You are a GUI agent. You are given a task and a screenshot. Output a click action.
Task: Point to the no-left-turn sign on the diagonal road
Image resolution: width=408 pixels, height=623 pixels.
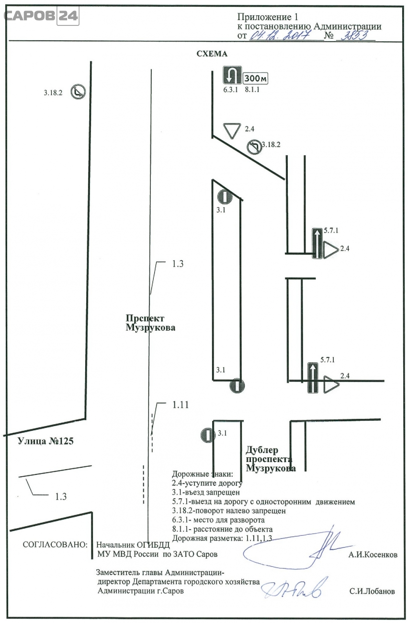(x=254, y=147)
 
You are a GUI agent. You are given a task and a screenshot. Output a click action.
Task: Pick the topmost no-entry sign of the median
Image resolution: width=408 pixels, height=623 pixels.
(x=225, y=196)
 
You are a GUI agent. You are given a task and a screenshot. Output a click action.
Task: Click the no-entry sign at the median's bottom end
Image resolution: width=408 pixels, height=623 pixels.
(x=237, y=386)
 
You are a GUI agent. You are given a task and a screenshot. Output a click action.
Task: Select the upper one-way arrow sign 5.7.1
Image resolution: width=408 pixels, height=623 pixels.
(x=317, y=243)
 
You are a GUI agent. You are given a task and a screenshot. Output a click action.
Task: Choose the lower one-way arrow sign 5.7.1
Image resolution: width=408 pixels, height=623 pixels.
(x=313, y=378)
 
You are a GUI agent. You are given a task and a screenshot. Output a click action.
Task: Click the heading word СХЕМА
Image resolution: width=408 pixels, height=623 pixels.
(x=211, y=54)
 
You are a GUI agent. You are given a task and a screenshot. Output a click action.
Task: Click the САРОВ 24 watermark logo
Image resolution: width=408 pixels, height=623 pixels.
(x=41, y=16)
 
